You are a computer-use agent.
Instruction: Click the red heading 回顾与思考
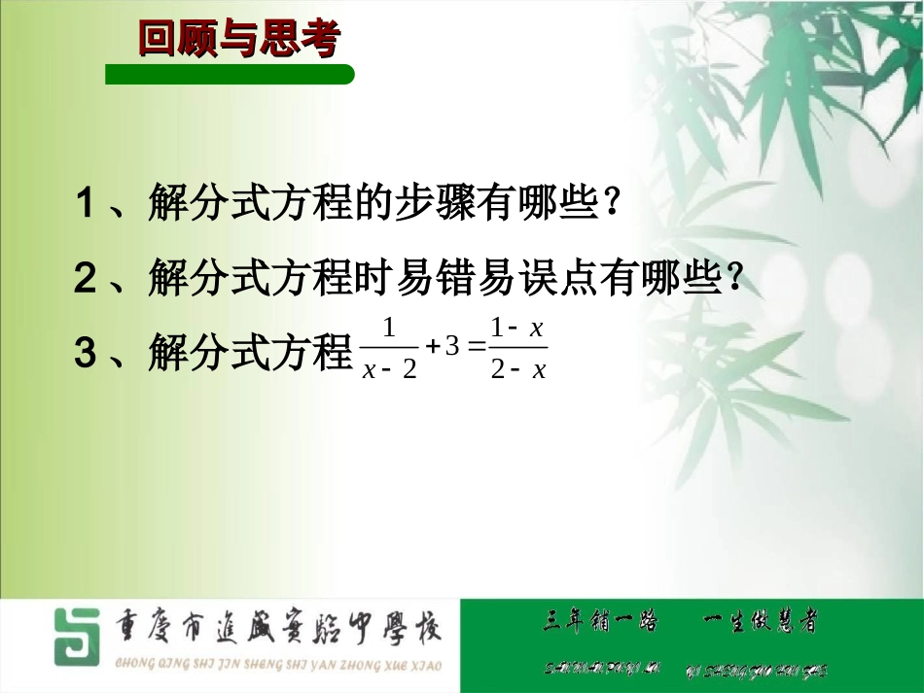point(238,40)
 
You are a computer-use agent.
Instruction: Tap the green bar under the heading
point(230,75)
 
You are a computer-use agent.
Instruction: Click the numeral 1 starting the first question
point(86,205)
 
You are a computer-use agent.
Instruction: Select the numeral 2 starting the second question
point(86,280)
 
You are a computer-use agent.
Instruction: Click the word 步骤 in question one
point(433,205)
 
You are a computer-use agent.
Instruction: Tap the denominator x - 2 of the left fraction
point(389,370)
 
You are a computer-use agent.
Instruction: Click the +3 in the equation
point(443,347)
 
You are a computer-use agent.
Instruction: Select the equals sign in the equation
point(477,348)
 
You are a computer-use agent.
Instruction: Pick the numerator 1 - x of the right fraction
point(516,328)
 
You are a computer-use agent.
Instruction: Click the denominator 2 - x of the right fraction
point(518,370)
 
